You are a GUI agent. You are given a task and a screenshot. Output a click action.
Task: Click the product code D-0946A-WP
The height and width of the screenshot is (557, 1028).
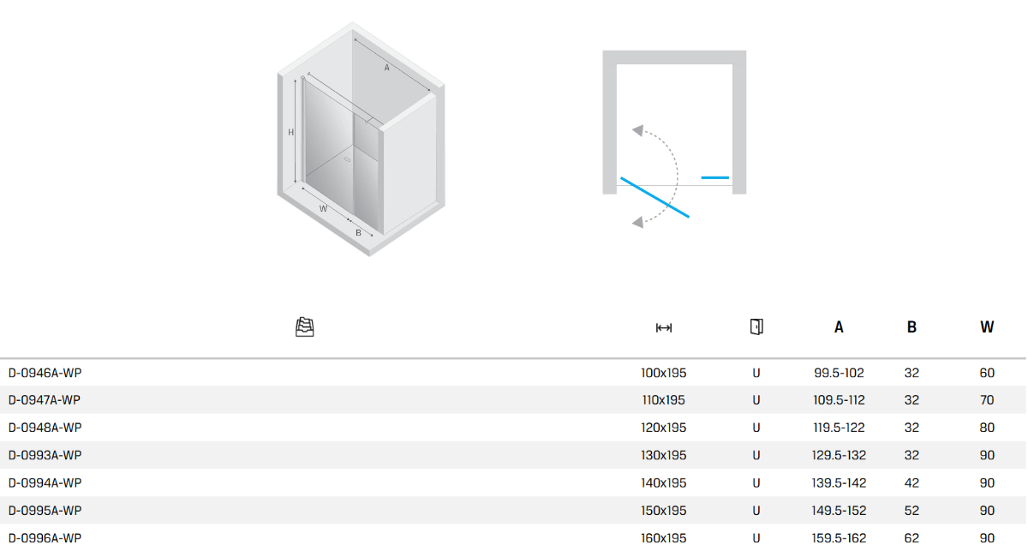(45, 373)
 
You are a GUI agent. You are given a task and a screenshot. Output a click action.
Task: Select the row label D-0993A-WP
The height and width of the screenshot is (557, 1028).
(45, 456)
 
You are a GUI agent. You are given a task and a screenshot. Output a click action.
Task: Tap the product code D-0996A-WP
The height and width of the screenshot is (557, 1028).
(45, 538)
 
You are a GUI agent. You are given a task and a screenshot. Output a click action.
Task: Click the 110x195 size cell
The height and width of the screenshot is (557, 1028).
(664, 400)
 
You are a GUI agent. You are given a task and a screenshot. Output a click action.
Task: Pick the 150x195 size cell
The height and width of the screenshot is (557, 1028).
(664, 511)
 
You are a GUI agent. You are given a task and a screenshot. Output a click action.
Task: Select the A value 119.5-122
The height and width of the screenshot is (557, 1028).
(839, 428)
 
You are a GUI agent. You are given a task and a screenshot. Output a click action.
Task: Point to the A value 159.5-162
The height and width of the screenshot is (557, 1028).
(839, 538)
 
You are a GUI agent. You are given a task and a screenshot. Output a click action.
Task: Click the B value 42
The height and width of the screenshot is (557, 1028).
(911, 483)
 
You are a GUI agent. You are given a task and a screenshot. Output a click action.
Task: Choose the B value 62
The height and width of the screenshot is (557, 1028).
(911, 538)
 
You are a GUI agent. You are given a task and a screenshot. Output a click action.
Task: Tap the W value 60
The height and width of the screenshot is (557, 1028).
(987, 373)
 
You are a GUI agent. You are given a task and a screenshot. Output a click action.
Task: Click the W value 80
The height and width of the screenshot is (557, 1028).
(987, 428)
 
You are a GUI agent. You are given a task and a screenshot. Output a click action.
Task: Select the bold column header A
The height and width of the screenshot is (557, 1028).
(839, 327)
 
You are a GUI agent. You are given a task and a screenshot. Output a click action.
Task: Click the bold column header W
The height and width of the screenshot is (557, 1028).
(987, 327)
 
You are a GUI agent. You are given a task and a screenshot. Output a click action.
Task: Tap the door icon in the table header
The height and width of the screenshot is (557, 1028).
(756, 327)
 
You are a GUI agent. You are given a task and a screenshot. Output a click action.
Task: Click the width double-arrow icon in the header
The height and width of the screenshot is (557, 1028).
(664, 328)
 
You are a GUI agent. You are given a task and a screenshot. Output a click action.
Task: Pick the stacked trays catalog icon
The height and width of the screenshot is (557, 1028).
(305, 327)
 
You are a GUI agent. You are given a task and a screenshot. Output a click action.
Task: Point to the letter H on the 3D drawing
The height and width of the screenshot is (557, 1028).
(290, 133)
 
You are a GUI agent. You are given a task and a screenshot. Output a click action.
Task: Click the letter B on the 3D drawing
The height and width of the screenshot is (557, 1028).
(358, 233)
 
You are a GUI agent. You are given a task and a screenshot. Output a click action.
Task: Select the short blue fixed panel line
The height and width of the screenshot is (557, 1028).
(715, 177)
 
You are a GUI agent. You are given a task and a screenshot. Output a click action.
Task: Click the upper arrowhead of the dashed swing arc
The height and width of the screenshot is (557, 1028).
(638, 130)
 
